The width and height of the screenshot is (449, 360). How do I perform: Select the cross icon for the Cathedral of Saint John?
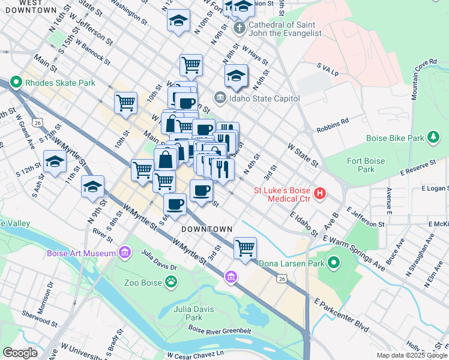point(239,28)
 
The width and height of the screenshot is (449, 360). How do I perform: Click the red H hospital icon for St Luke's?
point(321,193)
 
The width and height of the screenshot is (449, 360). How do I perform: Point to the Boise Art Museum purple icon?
point(125,253)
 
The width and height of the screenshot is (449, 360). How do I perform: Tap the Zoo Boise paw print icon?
point(171,280)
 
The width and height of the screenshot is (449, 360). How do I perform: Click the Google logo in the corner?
point(20,353)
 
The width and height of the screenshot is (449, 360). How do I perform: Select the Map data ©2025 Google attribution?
point(412,355)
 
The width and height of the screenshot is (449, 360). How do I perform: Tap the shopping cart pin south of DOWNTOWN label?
point(245,246)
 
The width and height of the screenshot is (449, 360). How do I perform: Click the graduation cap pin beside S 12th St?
point(55,161)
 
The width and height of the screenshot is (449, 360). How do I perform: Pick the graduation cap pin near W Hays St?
point(237,76)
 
